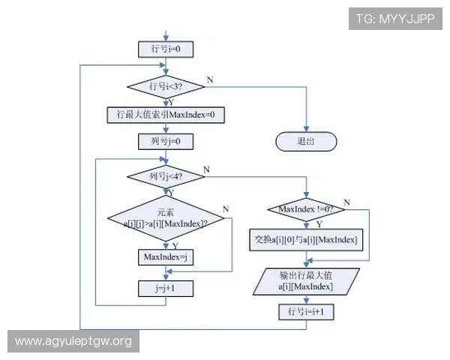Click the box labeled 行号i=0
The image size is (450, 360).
point(166,49)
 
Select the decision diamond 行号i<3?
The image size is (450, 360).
point(166,87)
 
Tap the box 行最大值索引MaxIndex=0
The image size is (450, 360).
point(166,115)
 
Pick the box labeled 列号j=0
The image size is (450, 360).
point(166,141)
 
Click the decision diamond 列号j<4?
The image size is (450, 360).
point(166,177)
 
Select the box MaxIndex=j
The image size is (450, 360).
point(166,257)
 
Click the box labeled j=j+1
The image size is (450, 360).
point(166,287)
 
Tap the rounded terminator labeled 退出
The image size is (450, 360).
point(305,141)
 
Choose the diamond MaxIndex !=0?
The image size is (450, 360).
point(306,209)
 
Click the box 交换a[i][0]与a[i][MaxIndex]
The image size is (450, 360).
point(306,240)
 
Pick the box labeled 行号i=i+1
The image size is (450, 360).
point(306,310)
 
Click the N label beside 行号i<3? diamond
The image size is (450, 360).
point(209,79)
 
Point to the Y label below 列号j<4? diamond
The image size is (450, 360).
point(171,192)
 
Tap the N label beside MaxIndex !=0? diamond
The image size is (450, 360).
point(346,202)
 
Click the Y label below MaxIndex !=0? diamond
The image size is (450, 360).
point(319,224)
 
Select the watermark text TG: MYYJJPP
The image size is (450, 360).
point(395,19)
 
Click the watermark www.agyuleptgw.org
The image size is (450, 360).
point(73,342)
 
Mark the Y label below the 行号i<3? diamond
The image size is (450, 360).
point(172,102)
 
